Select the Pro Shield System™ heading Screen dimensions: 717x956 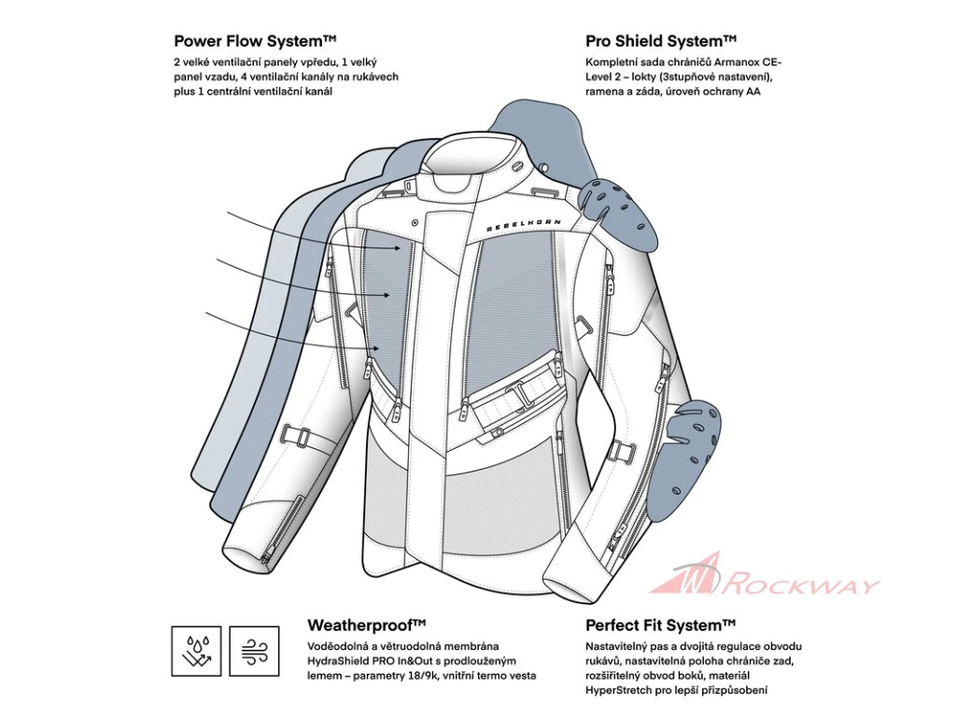point(661,41)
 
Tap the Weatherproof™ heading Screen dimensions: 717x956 point(367,624)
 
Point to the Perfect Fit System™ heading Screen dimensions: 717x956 point(661,624)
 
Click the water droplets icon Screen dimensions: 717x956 point(196,651)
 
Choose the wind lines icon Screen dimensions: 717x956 point(254,651)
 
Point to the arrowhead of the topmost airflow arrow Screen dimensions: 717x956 point(407,246)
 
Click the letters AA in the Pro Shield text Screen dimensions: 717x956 point(752,91)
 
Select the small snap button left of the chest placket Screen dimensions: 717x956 point(413,223)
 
